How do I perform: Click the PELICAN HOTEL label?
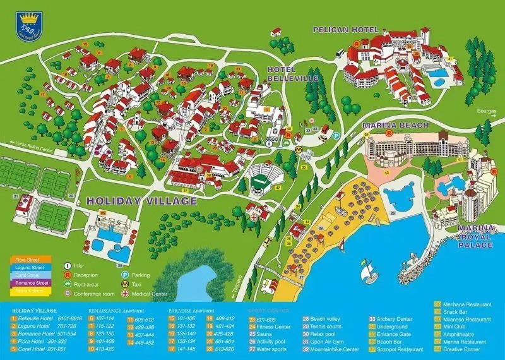[345, 30]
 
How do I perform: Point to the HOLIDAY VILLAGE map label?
[142, 201]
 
